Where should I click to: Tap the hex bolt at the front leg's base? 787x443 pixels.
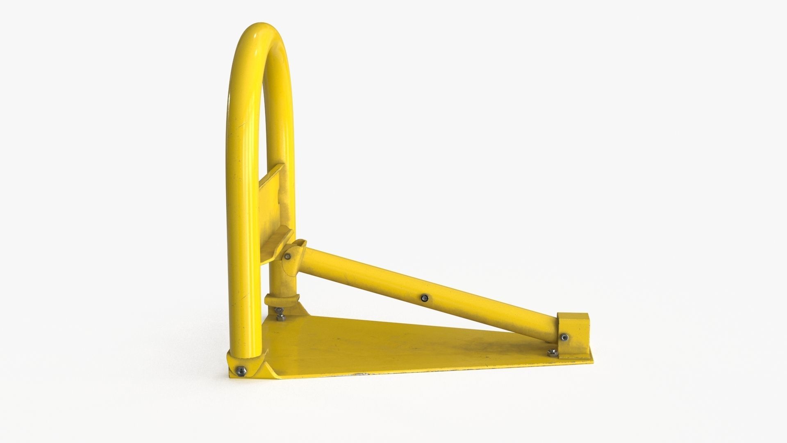[x=241, y=371]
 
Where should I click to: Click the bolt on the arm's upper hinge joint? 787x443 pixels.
[x=288, y=257]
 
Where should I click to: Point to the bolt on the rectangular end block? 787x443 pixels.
[x=565, y=337]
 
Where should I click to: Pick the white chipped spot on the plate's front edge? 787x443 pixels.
[x=361, y=374]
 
